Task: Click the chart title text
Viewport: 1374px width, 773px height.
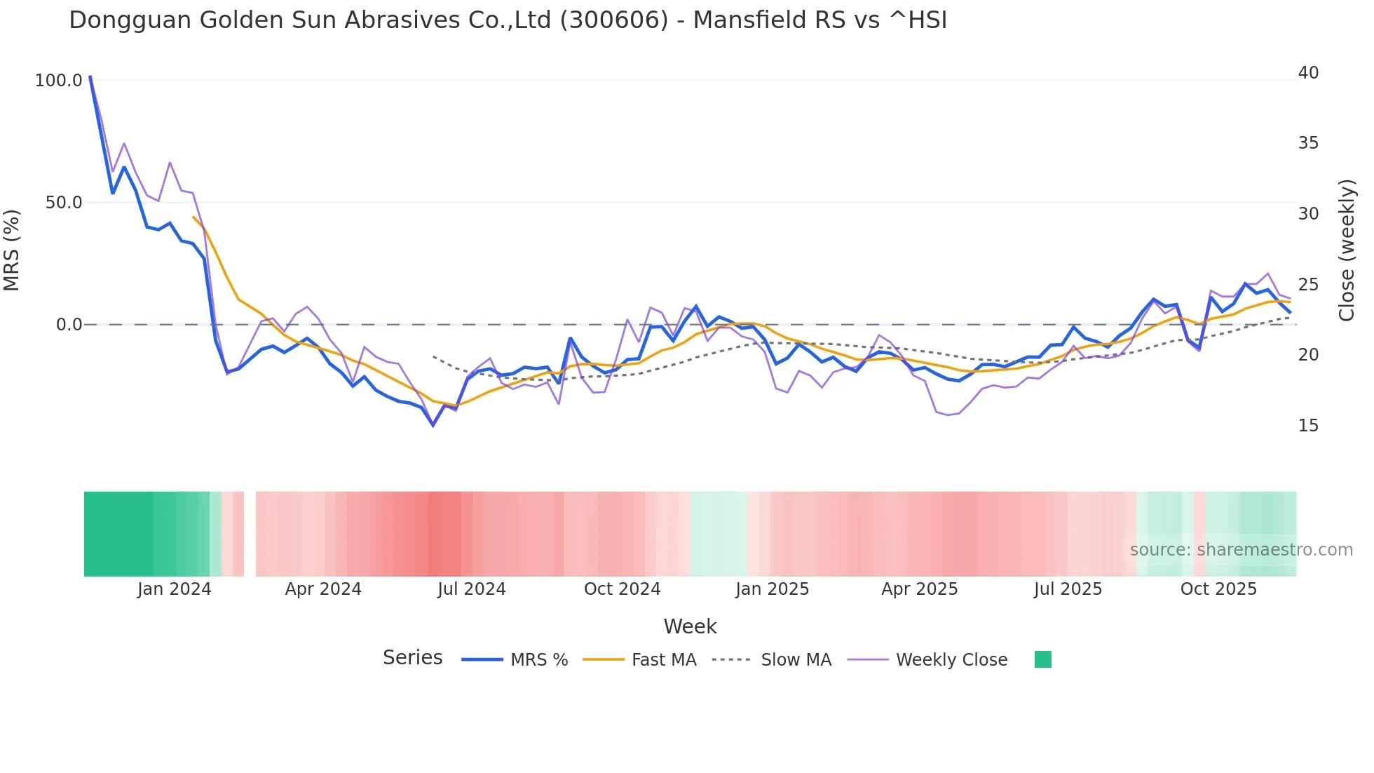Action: click(x=508, y=20)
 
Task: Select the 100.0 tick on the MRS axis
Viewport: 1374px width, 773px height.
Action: click(x=59, y=81)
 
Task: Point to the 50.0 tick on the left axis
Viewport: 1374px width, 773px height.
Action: click(x=64, y=203)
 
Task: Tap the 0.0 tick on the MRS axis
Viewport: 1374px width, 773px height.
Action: click(x=69, y=325)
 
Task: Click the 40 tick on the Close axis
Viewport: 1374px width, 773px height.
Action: click(x=1308, y=73)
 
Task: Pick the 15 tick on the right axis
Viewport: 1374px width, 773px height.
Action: click(x=1308, y=426)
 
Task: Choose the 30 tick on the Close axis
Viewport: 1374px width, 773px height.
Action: click(x=1308, y=214)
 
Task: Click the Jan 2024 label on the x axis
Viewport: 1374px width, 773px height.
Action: click(x=174, y=589)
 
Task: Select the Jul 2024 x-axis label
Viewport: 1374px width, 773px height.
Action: click(x=472, y=589)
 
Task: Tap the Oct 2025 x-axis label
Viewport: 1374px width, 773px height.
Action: click(x=1218, y=589)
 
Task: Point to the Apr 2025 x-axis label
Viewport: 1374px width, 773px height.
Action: click(x=919, y=589)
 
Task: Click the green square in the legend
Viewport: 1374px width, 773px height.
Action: click(x=1043, y=659)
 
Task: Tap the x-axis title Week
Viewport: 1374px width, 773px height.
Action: click(x=690, y=626)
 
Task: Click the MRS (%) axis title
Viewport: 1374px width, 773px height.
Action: click(x=12, y=250)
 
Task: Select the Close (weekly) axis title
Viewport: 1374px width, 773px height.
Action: click(x=1347, y=250)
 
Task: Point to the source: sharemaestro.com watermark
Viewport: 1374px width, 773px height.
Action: click(x=1241, y=550)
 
